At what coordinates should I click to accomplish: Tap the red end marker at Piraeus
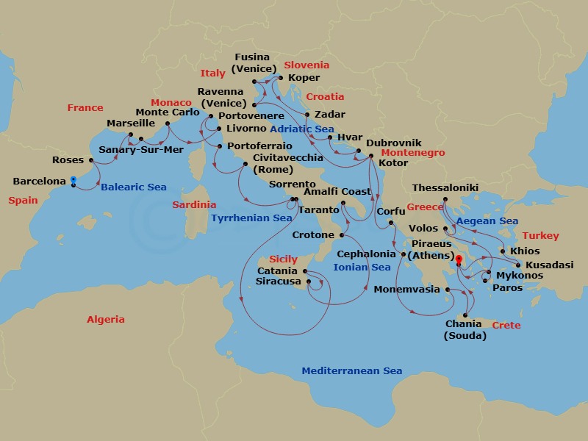[x=458, y=259]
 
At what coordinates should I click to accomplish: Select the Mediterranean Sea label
[x=351, y=371]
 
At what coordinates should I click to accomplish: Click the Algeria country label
[x=105, y=320]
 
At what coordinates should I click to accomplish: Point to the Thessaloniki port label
[x=445, y=188]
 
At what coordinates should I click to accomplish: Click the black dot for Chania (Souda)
[x=465, y=315]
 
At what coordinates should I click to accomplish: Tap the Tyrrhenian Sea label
[x=251, y=218]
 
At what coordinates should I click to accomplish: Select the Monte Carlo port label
[x=168, y=112]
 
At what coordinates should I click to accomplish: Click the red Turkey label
[x=540, y=236]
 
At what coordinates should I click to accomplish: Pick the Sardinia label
[x=194, y=205]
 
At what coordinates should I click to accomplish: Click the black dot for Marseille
[x=130, y=135]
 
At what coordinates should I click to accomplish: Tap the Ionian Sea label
[x=362, y=268]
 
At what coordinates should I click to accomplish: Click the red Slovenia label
[x=306, y=65]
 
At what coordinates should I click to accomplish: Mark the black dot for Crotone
[x=342, y=236]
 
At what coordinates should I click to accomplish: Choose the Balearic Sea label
[x=133, y=187]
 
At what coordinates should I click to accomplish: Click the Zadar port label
[x=329, y=115]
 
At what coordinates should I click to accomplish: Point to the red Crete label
[x=506, y=325]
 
